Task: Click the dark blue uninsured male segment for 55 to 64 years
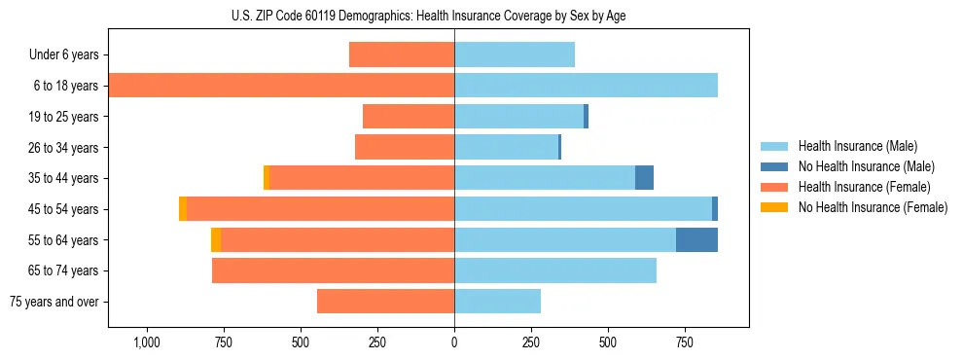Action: click(696, 239)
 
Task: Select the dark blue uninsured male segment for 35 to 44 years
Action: click(644, 178)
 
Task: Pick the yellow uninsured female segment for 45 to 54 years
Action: click(183, 209)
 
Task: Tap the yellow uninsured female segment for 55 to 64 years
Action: click(216, 239)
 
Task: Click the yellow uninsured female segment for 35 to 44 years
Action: click(267, 178)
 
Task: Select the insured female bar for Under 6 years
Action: click(402, 55)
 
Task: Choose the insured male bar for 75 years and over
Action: click(497, 302)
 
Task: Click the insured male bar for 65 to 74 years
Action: click(555, 270)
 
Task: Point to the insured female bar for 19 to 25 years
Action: click(409, 117)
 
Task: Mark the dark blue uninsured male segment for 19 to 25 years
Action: click(586, 117)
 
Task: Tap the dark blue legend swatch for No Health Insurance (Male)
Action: click(774, 166)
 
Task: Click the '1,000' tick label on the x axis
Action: click(147, 343)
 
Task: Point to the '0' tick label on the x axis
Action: click(454, 343)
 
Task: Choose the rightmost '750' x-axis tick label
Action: click(685, 343)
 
